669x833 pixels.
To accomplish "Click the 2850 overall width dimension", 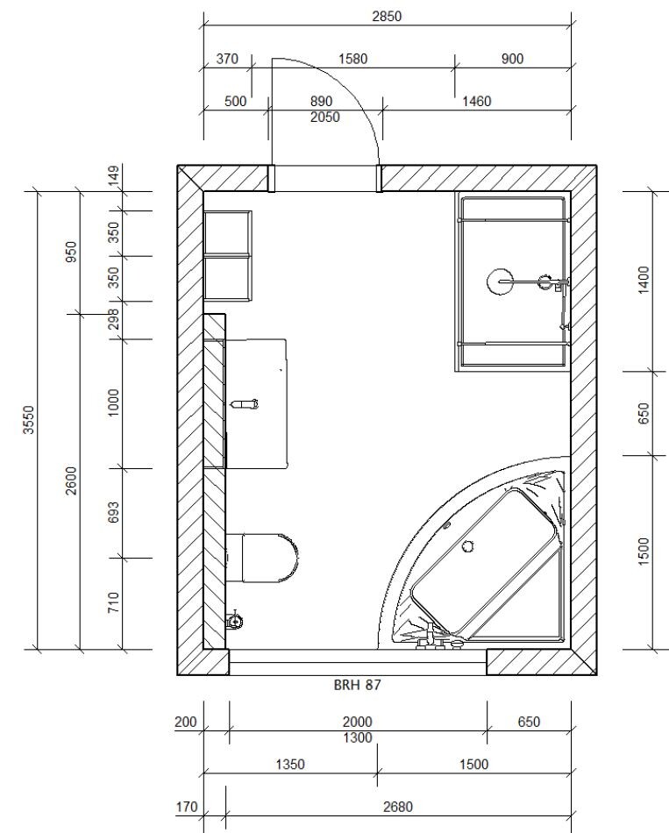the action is (387, 17).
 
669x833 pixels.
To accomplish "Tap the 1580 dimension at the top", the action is (352, 59).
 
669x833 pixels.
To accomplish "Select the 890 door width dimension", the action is (320, 102).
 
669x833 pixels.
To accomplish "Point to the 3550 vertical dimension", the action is (29, 420).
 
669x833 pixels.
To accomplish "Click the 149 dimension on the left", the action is (114, 176).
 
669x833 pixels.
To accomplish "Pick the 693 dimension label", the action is (114, 513).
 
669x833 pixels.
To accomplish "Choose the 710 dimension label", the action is (114, 603).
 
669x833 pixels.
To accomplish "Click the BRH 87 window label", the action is (357, 686).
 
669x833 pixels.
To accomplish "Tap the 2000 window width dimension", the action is (357, 722).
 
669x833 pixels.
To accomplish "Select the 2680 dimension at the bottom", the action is (398, 807).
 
